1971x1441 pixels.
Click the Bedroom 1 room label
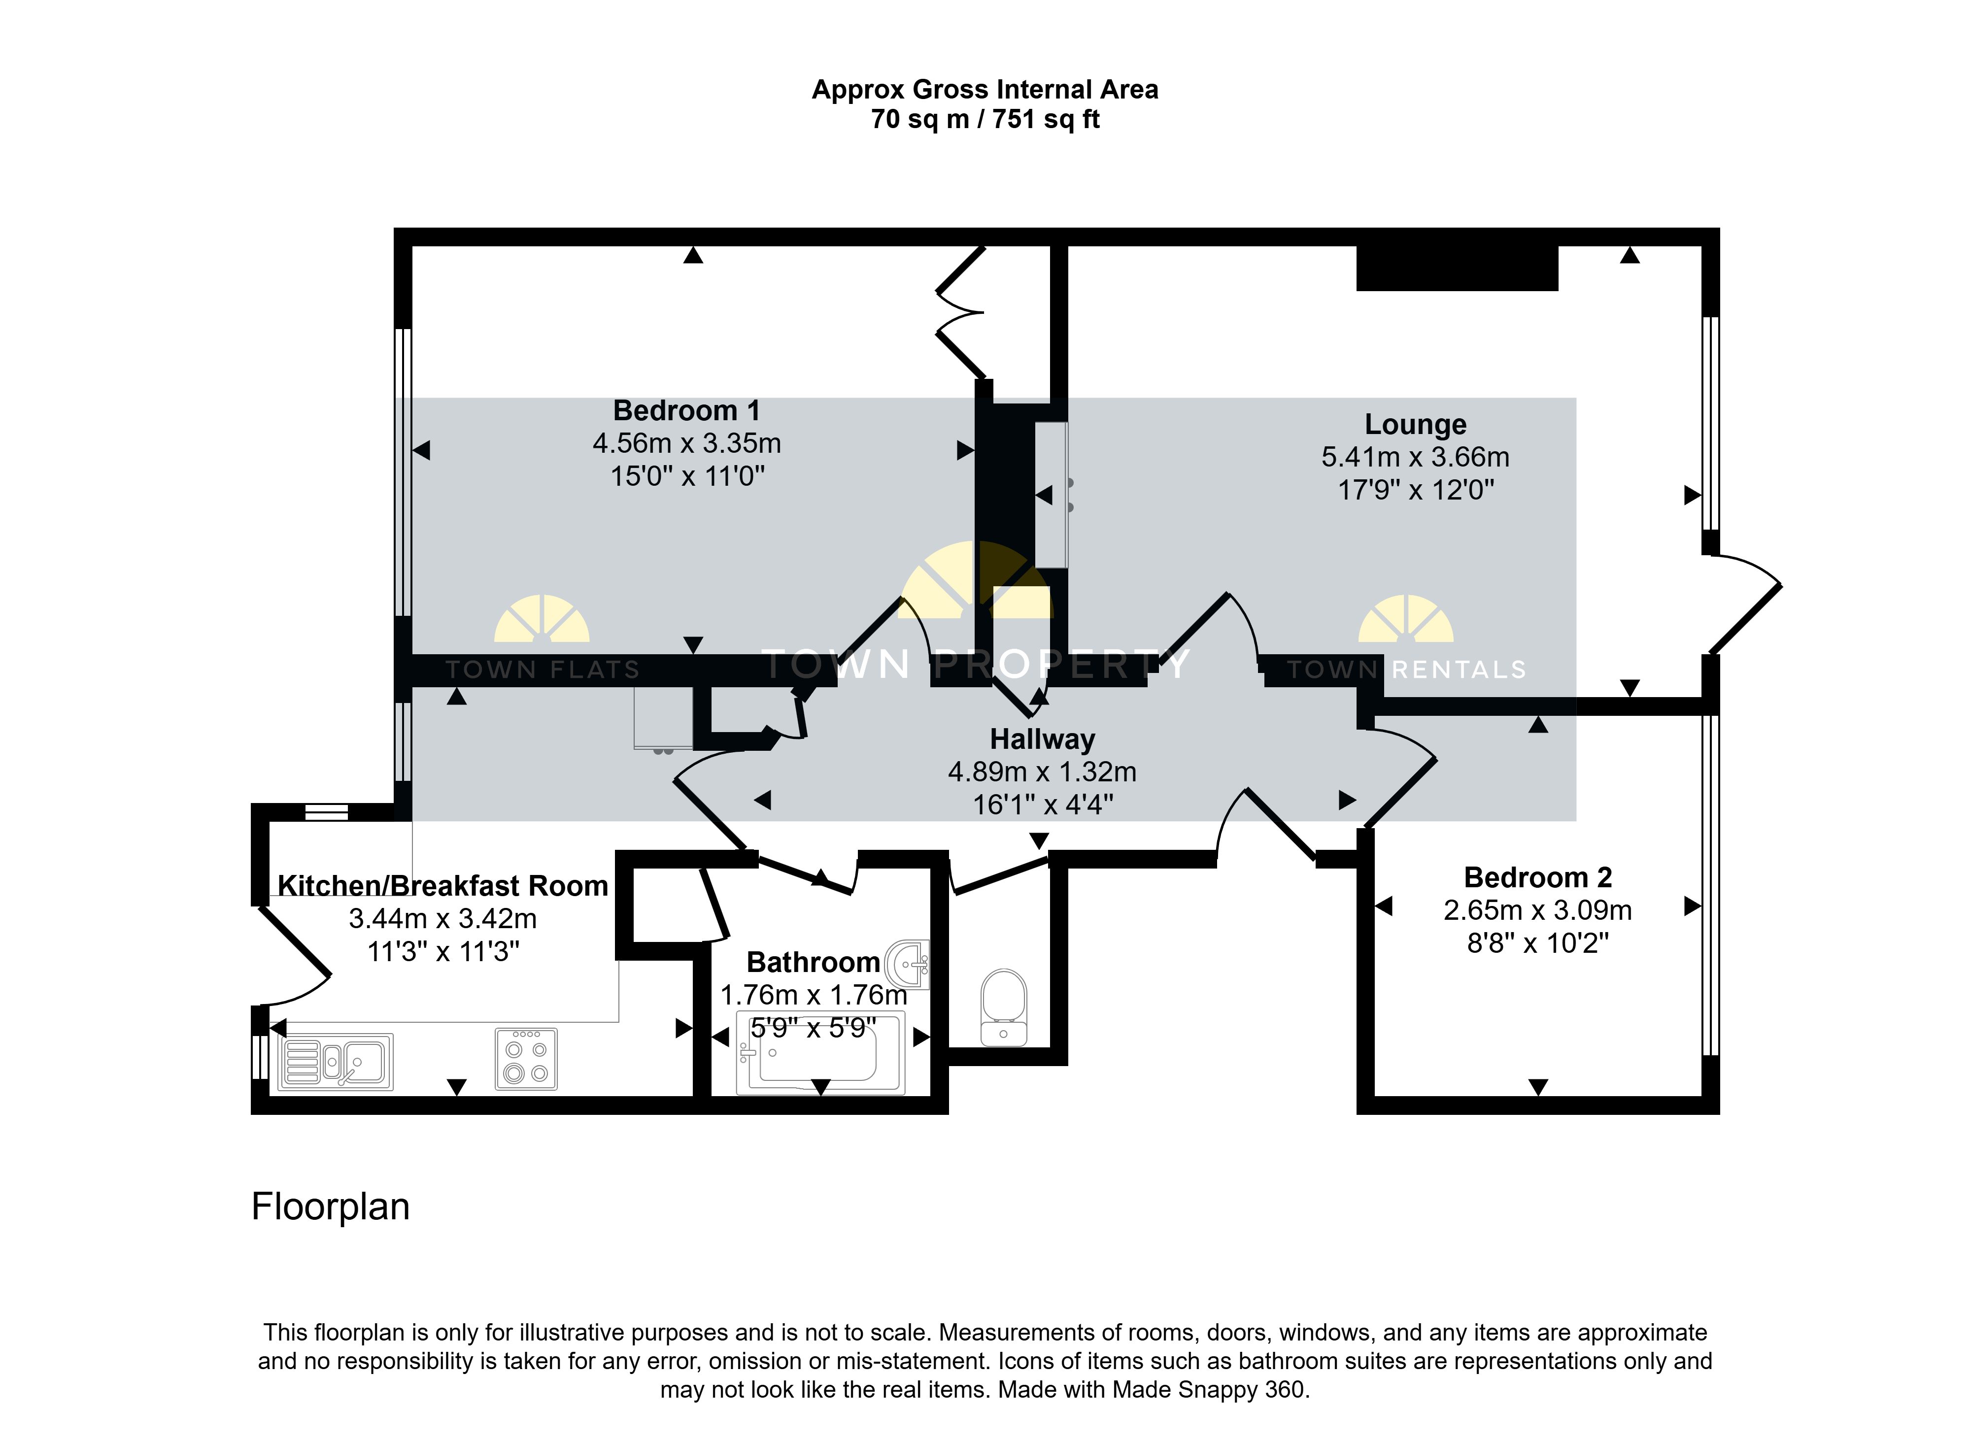coord(687,410)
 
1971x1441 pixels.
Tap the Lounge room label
coord(1415,424)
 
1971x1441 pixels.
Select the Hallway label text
coord(1042,739)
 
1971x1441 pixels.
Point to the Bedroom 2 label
coord(1537,876)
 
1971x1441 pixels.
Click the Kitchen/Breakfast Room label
coord(442,885)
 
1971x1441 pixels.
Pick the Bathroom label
coord(813,962)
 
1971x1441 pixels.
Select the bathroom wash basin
coord(908,965)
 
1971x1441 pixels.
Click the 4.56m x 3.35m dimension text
coord(687,443)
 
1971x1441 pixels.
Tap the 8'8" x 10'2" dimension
coord(1537,943)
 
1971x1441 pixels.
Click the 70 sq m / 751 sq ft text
coord(985,120)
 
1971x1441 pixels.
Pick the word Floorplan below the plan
coord(331,1207)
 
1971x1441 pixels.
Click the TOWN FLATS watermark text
coord(543,670)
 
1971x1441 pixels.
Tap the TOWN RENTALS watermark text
coord(1406,670)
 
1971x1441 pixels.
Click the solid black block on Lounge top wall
coord(1457,268)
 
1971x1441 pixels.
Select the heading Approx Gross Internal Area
coord(985,90)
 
